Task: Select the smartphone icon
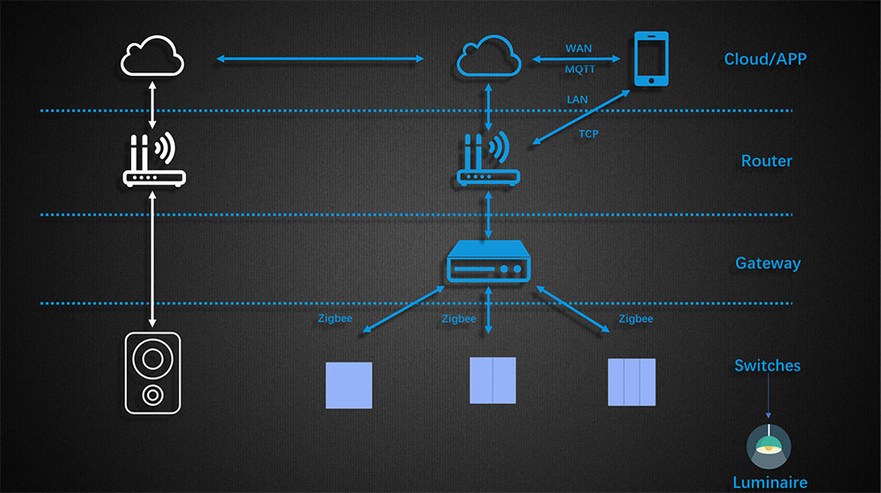pos(651,59)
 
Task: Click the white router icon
pos(154,160)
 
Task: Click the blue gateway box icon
pos(489,264)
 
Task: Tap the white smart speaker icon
pos(152,372)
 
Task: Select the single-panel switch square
pos(349,385)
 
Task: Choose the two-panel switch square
pos(492,380)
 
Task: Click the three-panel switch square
pos(632,381)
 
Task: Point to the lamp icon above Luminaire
pos(768,446)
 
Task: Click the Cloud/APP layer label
pos(766,59)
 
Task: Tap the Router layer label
pos(766,161)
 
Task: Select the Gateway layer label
pos(768,263)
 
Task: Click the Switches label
pos(768,365)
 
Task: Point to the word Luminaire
pos(770,482)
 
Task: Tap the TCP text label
pos(589,134)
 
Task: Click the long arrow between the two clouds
pos(321,59)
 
